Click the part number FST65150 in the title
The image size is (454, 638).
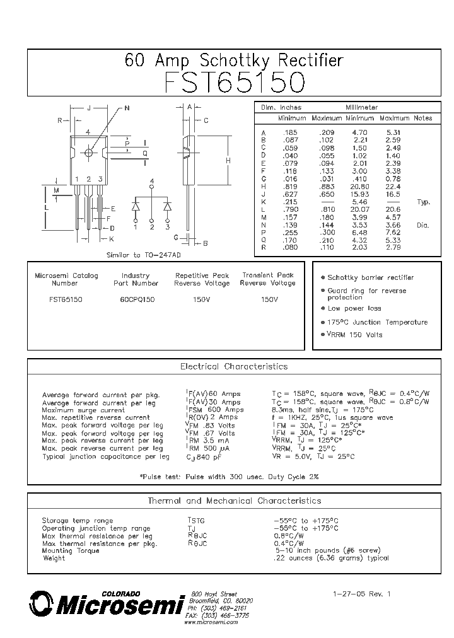235,83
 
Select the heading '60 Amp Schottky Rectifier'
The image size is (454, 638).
234,61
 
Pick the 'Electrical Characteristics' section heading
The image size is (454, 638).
234,366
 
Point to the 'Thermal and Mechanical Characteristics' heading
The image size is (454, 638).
234,501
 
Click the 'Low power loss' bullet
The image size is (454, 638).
354,309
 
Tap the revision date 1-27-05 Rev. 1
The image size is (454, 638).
362,593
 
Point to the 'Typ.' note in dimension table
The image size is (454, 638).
423,202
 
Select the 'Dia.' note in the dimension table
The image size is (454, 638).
423,225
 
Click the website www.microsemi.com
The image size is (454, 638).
211,622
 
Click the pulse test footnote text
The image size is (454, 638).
228,477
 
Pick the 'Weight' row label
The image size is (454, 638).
54,558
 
